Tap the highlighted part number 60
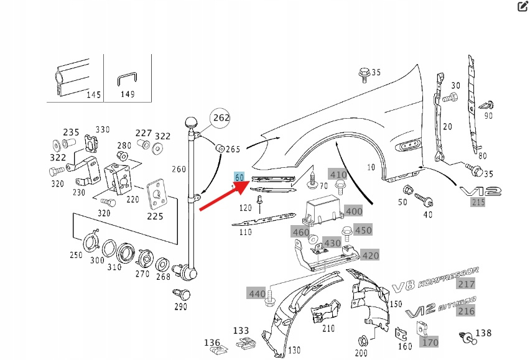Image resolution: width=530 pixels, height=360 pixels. click(x=239, y=177)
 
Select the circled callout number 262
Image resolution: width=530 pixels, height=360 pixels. click(x=221, y=118)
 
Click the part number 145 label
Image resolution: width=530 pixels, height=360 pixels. click(x=93, y=95)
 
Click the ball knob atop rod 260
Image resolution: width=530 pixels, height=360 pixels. click(x=191, y=122)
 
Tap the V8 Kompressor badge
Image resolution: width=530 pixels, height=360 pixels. click(x=435, y=279)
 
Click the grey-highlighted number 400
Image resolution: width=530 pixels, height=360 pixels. click(x=354, y=211)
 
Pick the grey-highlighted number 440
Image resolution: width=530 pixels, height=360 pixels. click(x=257, y=293)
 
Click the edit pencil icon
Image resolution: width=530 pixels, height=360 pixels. click(x=523, y=7)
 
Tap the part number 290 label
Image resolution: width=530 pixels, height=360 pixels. click(x=180, y=307)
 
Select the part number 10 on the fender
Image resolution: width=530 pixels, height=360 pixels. click(x=371, y=167)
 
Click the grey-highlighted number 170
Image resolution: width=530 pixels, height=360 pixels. click(x=430, y=342)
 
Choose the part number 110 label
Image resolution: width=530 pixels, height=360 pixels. click(x=245, y=232)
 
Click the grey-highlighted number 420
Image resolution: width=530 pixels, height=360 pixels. click(x=370, y=256)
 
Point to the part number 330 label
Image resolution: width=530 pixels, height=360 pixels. click(x=102, y=129)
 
